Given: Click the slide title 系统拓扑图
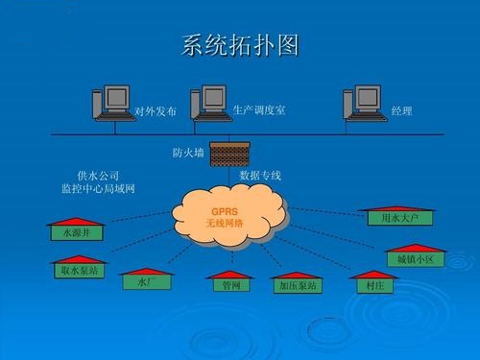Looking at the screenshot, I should point(240,45).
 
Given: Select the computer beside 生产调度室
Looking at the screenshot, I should point(210,103).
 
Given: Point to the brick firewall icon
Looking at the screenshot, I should point(228,153).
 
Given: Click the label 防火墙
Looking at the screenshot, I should point(187,154).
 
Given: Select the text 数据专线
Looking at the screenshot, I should point(260,176).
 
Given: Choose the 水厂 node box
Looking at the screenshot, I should point(146,282).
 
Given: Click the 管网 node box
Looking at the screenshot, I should point(230,286).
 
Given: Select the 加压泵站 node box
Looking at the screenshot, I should point(298,286).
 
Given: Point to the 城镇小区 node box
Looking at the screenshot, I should point(416,259).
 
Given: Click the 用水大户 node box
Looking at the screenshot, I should point(400,219).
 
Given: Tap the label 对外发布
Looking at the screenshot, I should point(156,112).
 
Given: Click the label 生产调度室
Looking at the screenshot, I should point(258,109).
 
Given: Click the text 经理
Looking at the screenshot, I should point(401,112).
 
